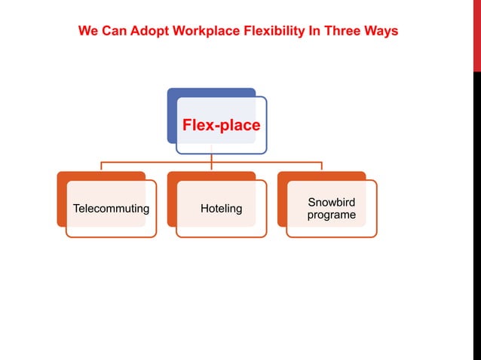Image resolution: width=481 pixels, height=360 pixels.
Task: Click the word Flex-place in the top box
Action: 221,126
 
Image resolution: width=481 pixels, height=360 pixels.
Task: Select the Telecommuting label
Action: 110,209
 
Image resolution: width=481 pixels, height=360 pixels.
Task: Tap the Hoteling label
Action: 221,209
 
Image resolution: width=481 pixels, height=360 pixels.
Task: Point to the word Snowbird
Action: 332,203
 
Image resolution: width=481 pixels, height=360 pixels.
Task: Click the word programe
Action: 332,215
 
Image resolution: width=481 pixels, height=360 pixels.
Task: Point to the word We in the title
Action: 87,32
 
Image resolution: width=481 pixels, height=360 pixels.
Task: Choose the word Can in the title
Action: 113,32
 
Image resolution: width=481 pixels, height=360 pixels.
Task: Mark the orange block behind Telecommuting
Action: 61,200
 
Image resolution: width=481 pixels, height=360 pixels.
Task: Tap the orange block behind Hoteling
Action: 171,200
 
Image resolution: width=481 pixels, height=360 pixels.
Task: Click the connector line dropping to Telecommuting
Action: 101,166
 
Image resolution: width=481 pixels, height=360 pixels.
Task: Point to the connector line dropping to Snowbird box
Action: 322,166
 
